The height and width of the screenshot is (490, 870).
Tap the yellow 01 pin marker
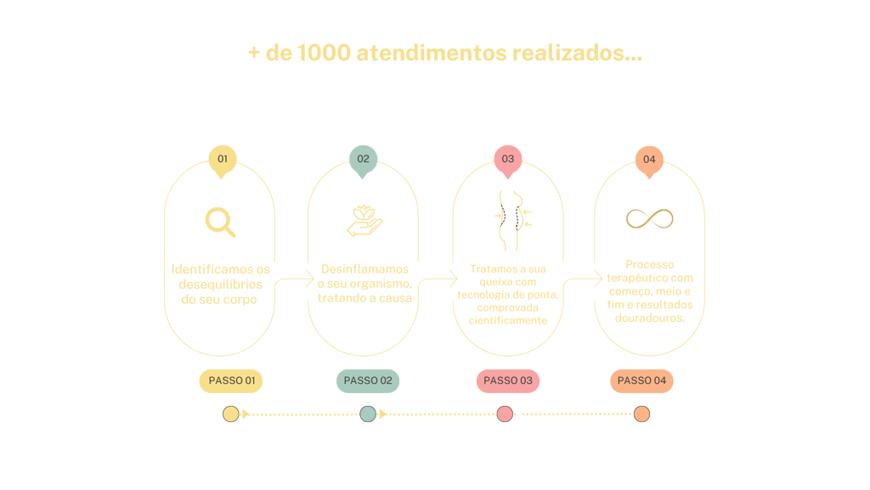[x=222, y=160]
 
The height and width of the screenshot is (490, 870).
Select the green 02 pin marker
[x=363, y=160]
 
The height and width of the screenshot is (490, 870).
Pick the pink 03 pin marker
[x=507, y=160]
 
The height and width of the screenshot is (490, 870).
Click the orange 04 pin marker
[x=649, y=160]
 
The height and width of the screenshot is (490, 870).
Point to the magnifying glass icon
[x=220, y=222]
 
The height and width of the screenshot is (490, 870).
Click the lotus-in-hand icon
[x=364, y=220]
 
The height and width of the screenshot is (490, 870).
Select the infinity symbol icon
[x=649, y=219]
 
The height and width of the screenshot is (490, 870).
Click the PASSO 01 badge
[x=231, y=380]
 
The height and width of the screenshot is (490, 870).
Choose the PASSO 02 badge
[x=367, y=380]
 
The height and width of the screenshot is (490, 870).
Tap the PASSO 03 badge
[x=507, y=380]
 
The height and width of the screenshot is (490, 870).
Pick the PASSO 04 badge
[x=641, y=380]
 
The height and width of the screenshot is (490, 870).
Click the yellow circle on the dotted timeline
[x=230, y=414]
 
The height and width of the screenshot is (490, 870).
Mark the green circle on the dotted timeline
[x=367, y=414]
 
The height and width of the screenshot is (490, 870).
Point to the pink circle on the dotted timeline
[x=505, y=414]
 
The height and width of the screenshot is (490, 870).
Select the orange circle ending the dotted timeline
[x=641, y=414]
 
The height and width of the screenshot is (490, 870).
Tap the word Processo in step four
[x=649, y=265]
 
